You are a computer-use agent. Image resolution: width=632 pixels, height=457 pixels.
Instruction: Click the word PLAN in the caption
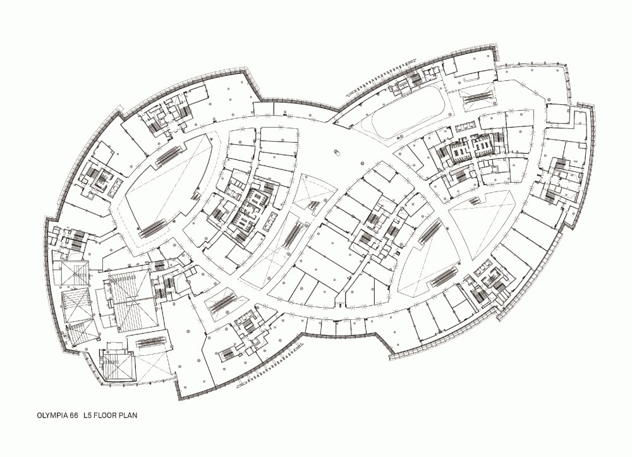coord(128,415)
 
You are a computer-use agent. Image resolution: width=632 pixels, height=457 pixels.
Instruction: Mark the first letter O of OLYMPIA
coord(39,415)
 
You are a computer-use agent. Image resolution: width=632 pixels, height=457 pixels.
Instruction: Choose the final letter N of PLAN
coord(135,415)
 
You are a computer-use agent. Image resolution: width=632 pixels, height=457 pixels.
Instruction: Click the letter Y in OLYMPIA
coord(47,415)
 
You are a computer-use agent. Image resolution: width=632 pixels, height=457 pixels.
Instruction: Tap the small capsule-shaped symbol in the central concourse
coord(337,152)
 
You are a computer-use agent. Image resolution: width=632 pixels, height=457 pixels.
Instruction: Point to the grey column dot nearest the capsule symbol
coord(362,164)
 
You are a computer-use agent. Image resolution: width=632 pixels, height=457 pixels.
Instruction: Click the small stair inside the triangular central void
coord(314,204)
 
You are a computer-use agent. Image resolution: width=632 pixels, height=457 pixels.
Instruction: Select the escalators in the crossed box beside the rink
coord(478,97)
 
